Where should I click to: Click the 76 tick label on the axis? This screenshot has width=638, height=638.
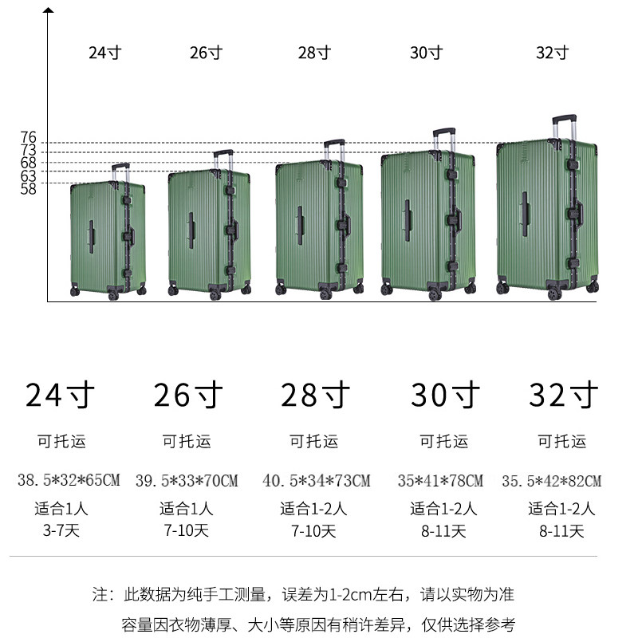[x=28, y=138]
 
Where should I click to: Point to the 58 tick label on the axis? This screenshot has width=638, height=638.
[x=28, y=189]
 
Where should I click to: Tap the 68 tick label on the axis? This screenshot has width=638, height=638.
[x=28, y=163]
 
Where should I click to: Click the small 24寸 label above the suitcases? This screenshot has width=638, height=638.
[x=104, y=53]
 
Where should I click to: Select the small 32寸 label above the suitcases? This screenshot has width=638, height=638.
[x=552, y=53]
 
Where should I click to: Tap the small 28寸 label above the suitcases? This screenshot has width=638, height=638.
[x=314, y=53]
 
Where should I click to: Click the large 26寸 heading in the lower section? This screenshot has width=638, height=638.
[x=188, y=395]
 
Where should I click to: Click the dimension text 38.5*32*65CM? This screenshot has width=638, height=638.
[x=69, y=480]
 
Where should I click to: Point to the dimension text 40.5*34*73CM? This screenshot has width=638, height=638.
[x=317, y=480]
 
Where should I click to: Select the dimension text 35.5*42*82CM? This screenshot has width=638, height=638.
[x=552, y=481]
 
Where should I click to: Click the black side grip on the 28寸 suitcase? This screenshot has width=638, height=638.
[x=300, y=225]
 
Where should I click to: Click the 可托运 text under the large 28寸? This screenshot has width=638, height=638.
[x=313, y=441]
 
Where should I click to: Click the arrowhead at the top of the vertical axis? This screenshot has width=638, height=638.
[x=49, y=11]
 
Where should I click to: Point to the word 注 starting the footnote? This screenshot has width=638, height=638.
[x=100, y=594]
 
